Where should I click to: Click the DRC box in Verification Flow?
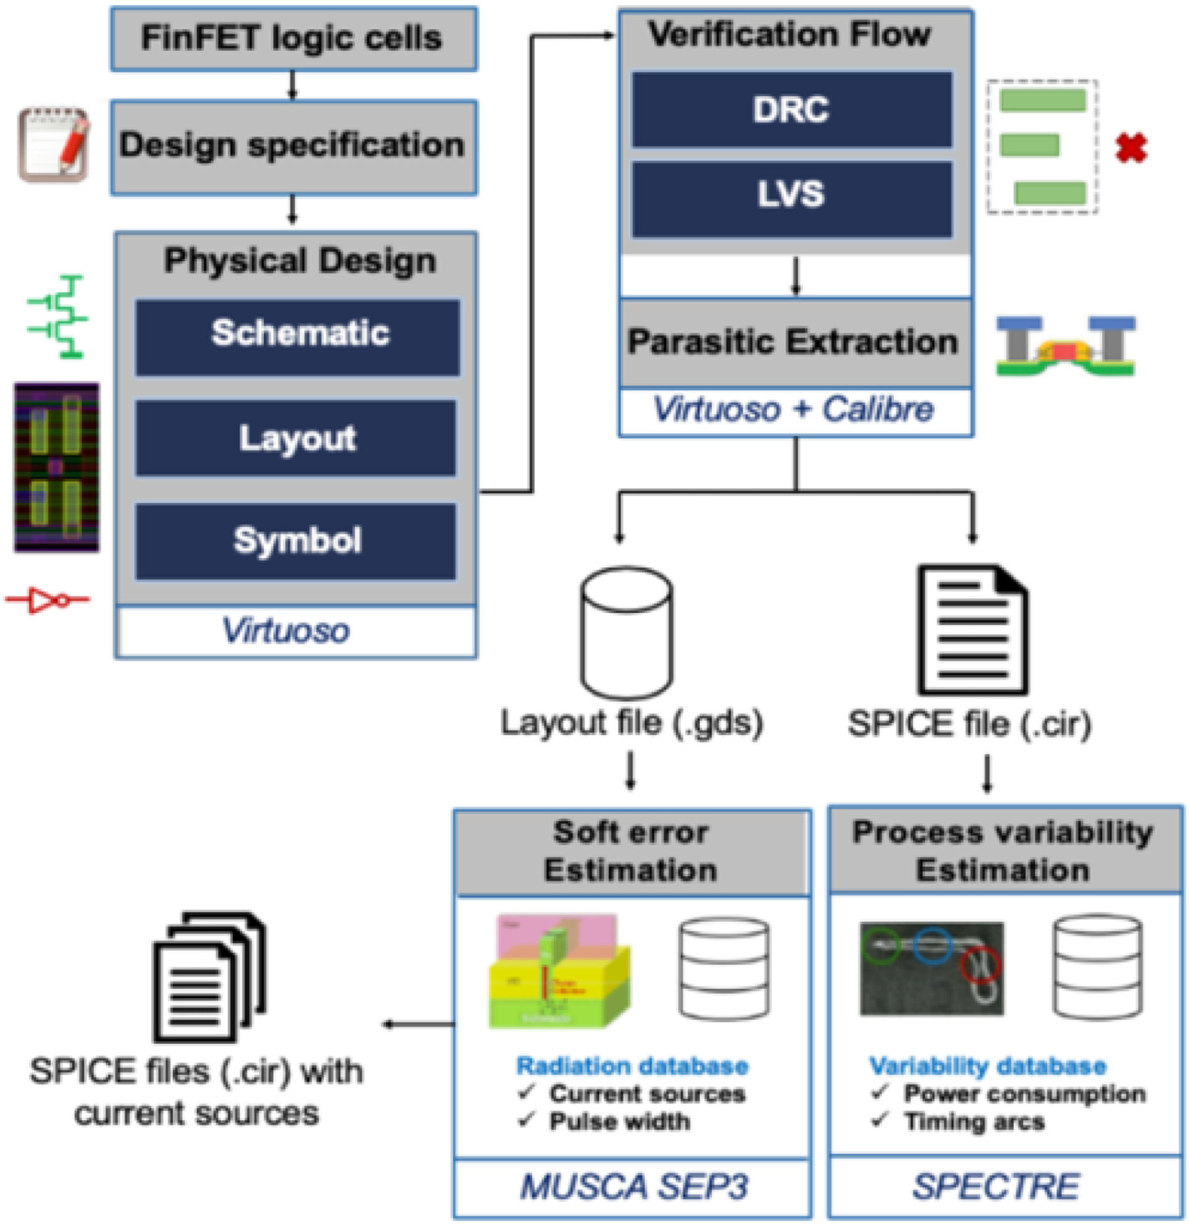click(791, 109)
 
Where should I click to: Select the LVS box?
click(791, 195)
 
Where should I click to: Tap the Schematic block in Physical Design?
click(298, 334)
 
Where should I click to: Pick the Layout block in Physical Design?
click(297, 438)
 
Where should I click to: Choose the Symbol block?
click(297, 540)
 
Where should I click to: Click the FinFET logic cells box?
click(293, 38)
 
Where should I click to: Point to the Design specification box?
click(293, 146)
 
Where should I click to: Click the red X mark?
click(1131, 149)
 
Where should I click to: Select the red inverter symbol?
click(47, 600)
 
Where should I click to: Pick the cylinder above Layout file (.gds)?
click(627, 631)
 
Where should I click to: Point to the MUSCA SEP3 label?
click(633, 1187)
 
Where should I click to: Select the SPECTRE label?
click(996, 1187)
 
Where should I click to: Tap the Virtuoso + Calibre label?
click(794, 409)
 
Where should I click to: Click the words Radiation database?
click(633, 1066)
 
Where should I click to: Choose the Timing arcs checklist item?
click(974, 1122)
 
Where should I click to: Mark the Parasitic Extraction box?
click(794, 342)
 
